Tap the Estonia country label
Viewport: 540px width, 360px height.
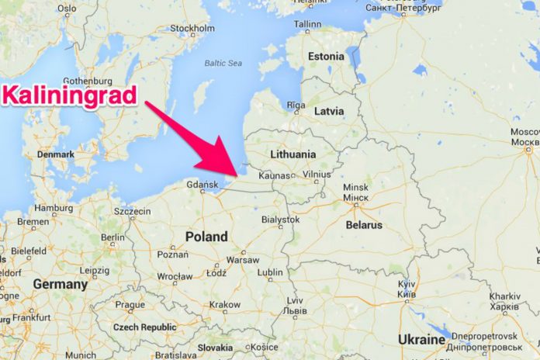[326, 57]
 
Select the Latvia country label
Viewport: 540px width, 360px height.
[328, 111]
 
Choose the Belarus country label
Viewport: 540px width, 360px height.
[363, 225]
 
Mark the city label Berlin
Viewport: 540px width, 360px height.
[112, 237]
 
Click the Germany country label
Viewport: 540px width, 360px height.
[60, 285]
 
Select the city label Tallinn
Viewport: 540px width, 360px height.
[307, 24]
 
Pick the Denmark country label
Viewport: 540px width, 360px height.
[55, 154]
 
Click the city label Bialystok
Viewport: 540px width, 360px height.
[280, 220]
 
